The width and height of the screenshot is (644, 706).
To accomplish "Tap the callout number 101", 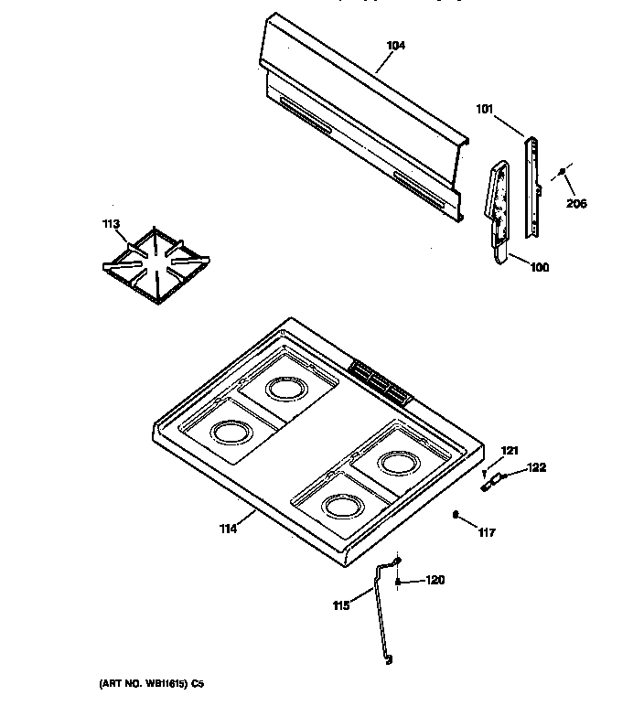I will [x=485, y=109].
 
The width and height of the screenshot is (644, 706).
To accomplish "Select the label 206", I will [x=575, y=203].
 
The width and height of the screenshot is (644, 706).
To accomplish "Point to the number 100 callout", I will [x=540, y=267].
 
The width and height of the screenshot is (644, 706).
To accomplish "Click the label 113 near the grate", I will [x=110, y=223].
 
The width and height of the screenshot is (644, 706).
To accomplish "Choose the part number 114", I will [x=227, y=528].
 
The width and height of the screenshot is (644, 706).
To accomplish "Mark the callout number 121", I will [x=510, y=450].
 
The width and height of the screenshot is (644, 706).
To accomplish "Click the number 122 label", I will [x=536, y=467].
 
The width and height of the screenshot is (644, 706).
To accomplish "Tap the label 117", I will [x=486, y=533].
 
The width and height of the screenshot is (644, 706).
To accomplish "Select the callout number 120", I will [x=435, y=580].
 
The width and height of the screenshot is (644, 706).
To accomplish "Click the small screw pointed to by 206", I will [x=561, y=172].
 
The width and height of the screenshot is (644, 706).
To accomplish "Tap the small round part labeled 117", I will [x=455, y=515].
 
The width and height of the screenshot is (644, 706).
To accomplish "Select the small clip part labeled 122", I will [x=495, y=478].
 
